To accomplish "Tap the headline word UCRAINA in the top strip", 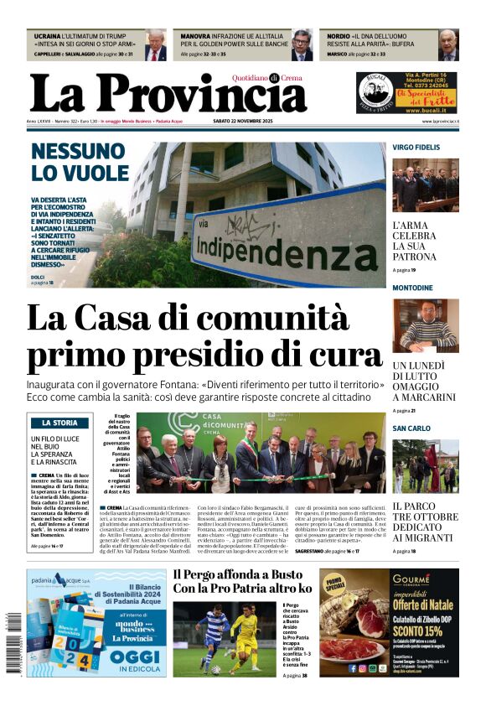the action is pos(48,38).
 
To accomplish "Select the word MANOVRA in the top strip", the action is pos(196,38).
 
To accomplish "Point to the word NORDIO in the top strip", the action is pos(339,38).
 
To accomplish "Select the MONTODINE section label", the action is pos(413,288).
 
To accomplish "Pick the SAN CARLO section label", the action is pos(411,428).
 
